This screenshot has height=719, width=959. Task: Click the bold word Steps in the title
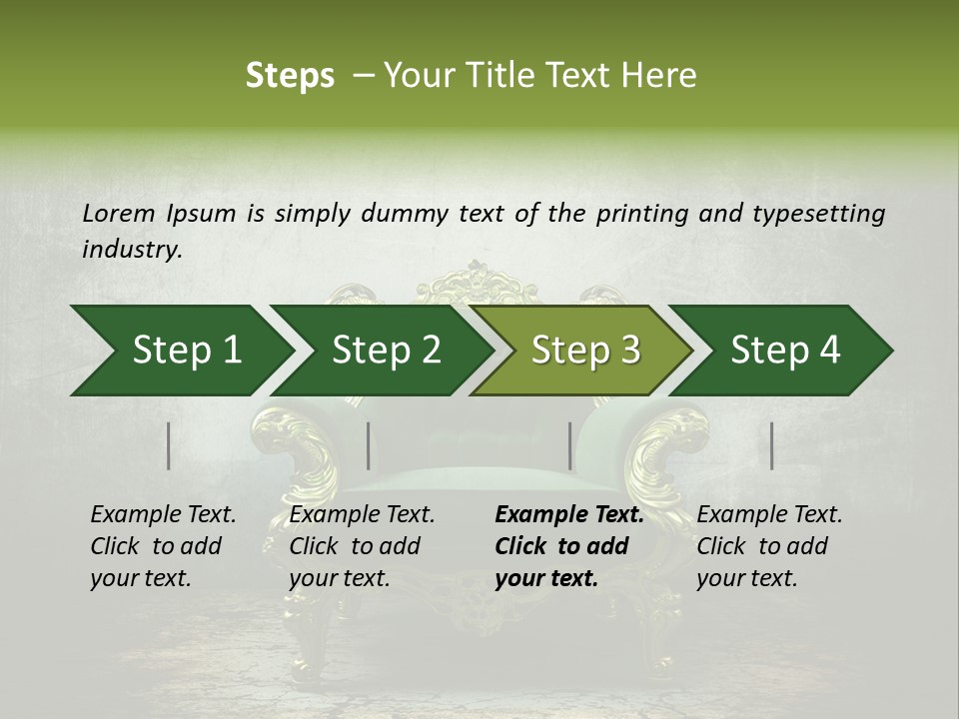coord(290,76)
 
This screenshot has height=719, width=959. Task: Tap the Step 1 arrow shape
coord(180,351)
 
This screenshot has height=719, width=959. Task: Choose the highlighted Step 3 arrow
coord(584,351)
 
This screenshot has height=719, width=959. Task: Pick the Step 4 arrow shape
coord(784,351)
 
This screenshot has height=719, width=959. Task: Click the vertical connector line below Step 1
coord(169,445)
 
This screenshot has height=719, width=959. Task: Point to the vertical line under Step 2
coord(369,445)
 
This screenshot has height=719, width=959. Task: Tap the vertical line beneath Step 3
coord(570,445)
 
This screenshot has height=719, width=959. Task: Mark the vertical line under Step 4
coord(772,445)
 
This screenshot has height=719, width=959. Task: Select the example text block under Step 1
coord(163,546)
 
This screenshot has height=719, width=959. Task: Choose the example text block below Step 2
coord(362,546)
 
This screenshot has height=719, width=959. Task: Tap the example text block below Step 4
coord(769,546)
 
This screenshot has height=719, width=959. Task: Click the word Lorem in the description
coord(119,213)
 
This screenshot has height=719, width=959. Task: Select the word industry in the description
coord(131,250)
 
